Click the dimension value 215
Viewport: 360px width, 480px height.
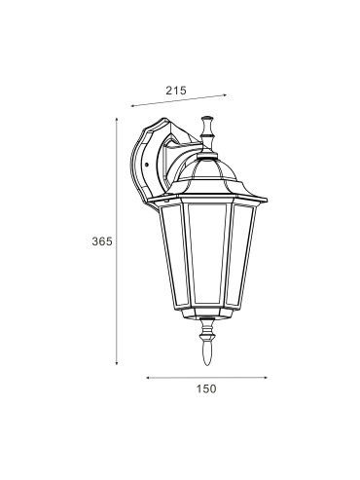(x=176, y=91)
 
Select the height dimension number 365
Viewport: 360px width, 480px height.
(x=102, y=241)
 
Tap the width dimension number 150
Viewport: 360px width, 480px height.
(x=206, y=388)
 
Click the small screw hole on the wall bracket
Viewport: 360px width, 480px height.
(x=147, y=165)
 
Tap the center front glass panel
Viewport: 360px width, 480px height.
(x=207, y=255)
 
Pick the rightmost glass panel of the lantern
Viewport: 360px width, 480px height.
(x=240, y=256)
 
